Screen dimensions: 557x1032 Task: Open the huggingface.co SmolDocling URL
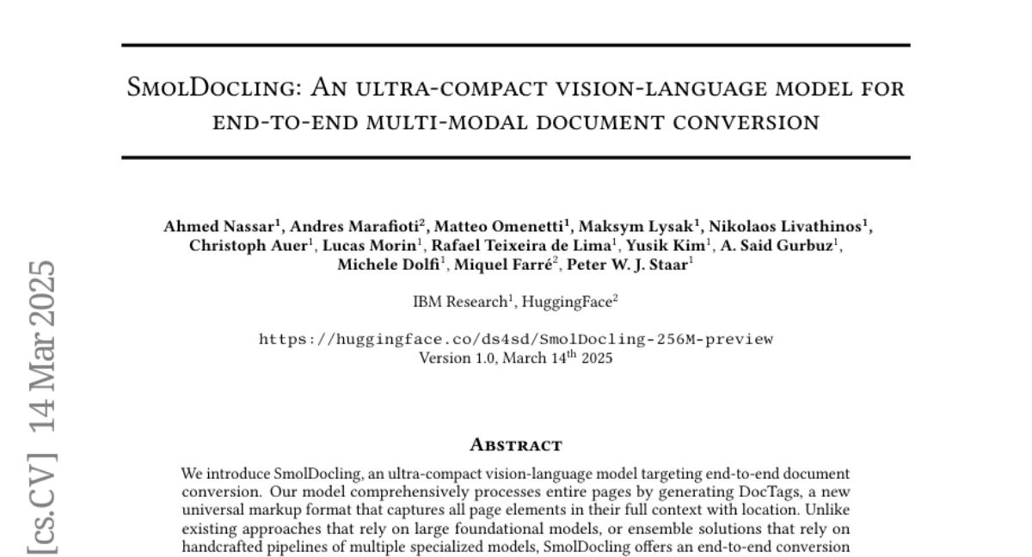pyautogui.click(x=516, y=339)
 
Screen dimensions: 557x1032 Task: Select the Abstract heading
pyautogui.click(x=516, y=444)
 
